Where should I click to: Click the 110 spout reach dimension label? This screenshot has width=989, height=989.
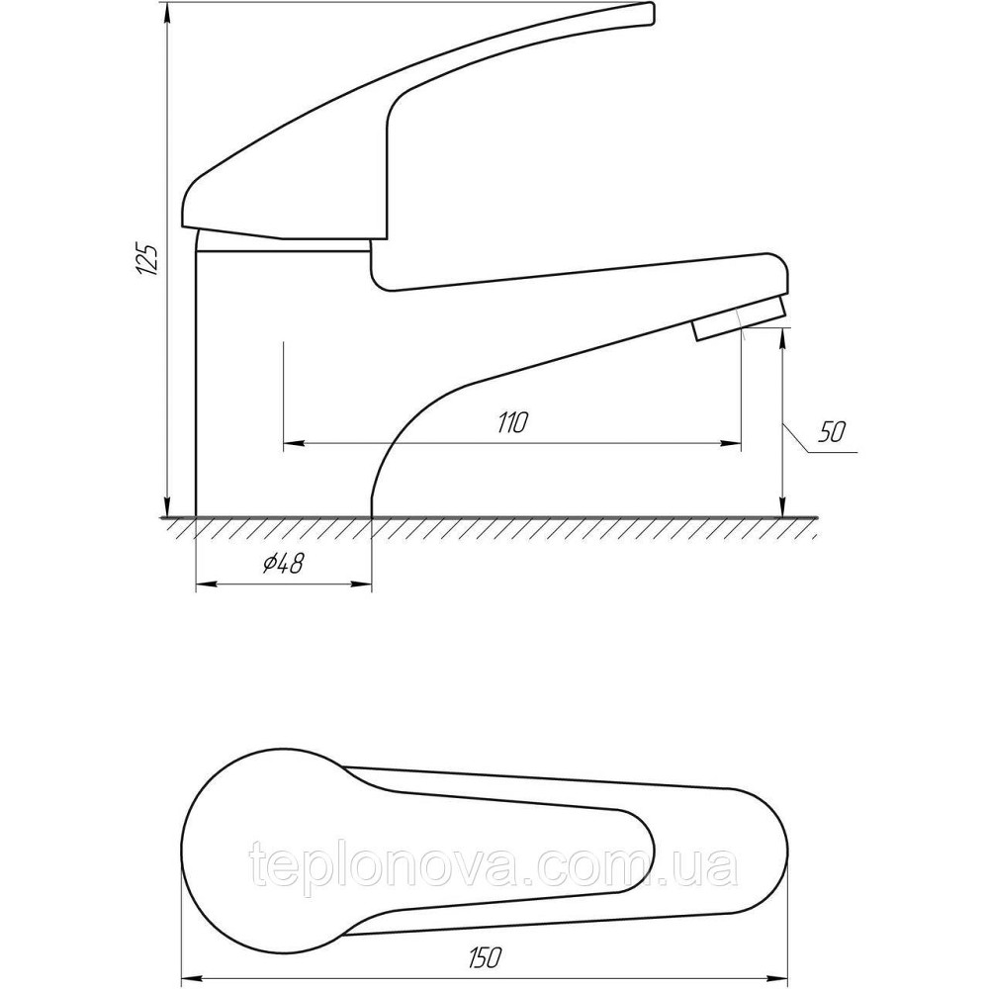pos(511,422)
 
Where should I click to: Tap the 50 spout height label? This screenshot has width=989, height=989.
pos(832,432)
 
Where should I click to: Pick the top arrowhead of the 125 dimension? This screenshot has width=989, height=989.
pos(167,13)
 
